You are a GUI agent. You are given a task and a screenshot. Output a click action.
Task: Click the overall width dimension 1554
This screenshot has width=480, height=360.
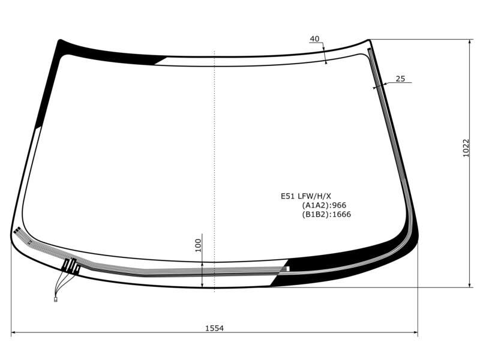pos(214,328)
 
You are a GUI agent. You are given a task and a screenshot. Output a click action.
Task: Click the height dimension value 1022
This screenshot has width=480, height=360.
pos(466,148)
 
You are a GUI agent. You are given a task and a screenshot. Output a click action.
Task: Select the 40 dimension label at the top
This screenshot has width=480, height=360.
pos(314,39)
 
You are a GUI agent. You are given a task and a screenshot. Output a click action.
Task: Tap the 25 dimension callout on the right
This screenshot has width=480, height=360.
pos(400,79)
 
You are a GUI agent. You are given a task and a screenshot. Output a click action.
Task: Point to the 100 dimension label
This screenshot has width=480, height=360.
pos(199,245)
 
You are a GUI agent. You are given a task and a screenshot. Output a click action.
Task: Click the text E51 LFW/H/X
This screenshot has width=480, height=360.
pos(306,196)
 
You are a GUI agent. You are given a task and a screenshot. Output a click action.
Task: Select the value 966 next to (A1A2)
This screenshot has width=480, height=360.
pos(339,205)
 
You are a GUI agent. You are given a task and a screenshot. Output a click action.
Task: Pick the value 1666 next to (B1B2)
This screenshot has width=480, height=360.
pos(341,214)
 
